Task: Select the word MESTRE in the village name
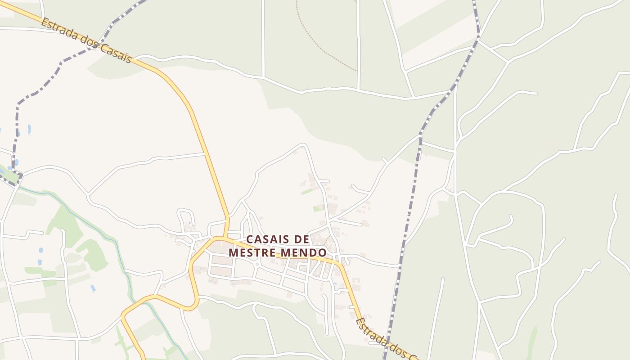(x=252, y=252)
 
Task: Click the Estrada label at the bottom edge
(x=369, y=329)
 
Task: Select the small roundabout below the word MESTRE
(x=257, y=264)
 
